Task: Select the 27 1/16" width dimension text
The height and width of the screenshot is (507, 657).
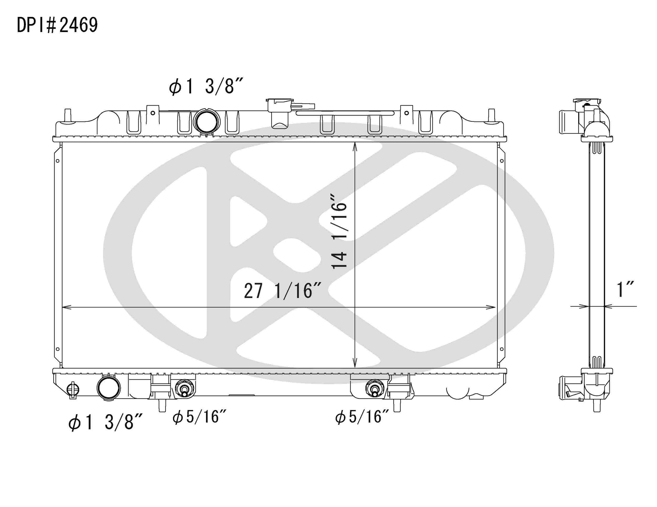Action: (x=283, y=291)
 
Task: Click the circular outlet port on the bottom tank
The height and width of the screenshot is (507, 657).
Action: (x=109, y=388)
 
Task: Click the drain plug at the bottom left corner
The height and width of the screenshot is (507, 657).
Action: (x=73, y=390)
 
